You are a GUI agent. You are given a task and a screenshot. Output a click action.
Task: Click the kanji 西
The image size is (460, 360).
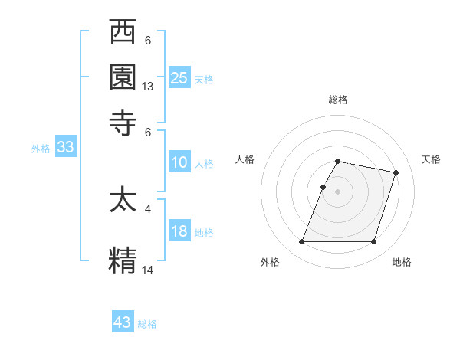[x=123, y=34]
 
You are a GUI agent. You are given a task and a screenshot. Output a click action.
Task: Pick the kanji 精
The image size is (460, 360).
[x=123, y=259]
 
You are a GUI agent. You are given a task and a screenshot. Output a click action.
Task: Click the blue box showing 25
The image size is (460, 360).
[x=179, y=77]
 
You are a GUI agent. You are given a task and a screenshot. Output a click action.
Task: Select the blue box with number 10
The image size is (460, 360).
[x=179, y=162]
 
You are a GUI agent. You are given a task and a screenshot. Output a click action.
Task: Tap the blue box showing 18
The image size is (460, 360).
[x=179, y=231]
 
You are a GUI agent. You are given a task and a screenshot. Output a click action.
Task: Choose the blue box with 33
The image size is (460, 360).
[x=64, y=148]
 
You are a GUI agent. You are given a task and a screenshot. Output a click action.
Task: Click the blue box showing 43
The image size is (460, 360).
[x=123, y=322]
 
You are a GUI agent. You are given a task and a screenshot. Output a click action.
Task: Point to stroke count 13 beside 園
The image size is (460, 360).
[x=148, y=87]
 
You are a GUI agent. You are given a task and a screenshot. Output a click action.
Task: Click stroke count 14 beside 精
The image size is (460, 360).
[x=148, y=270]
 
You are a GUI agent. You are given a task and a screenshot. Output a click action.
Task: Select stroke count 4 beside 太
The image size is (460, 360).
[x=148, y=208]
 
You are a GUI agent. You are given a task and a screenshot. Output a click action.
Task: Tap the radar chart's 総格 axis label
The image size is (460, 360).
[x=338, y=100]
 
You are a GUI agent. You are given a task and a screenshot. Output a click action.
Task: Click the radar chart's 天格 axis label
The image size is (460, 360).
[x=432, y=159]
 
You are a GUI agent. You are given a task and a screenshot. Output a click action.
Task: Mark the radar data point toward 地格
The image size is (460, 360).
[x=373, y=242]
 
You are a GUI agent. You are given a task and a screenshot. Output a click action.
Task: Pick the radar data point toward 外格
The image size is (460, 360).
[x=302, y=242]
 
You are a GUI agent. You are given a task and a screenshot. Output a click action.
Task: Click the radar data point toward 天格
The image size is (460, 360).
[x=396, y=172]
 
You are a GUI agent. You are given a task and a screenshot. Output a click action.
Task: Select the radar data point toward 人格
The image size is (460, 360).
[x=324, y=187]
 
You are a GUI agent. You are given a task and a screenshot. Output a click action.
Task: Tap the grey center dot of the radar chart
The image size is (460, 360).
[x=338, y=191]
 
